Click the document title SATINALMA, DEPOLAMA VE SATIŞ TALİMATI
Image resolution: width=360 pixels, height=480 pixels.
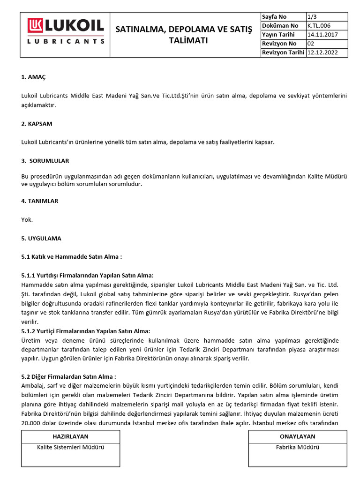pos(184,35)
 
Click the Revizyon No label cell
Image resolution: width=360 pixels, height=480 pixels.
pos(279,44)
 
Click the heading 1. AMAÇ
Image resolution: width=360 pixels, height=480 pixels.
pos(34,76)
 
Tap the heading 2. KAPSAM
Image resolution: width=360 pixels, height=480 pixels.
pos(37,124)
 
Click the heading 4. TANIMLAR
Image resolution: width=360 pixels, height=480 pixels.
pos(40,201)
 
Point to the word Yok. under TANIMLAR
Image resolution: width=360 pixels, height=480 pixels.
pos(27,219)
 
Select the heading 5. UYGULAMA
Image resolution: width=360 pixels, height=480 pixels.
pos(41,238)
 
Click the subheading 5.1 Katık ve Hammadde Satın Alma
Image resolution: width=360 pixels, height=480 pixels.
pos(72,257)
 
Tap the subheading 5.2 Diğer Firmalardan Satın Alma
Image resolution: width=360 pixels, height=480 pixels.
pos(68,376)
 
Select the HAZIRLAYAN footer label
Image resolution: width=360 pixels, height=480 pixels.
pos(70,436)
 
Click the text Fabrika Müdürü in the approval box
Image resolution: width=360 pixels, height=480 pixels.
pos(297,447)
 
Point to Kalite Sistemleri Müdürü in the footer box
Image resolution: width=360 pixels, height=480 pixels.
pos(70,447)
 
